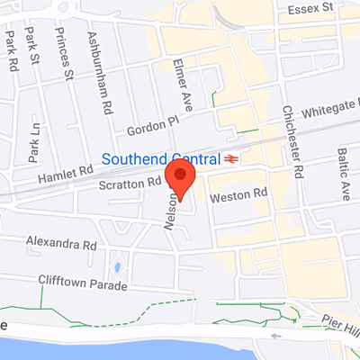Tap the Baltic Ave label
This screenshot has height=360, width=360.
click(343, 175)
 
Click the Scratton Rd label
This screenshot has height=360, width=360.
click(130, 184)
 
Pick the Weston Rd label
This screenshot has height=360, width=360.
click(238, 193)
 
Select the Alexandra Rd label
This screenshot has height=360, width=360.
click(60, 244)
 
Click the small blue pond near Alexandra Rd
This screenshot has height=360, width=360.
click(117, 267)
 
